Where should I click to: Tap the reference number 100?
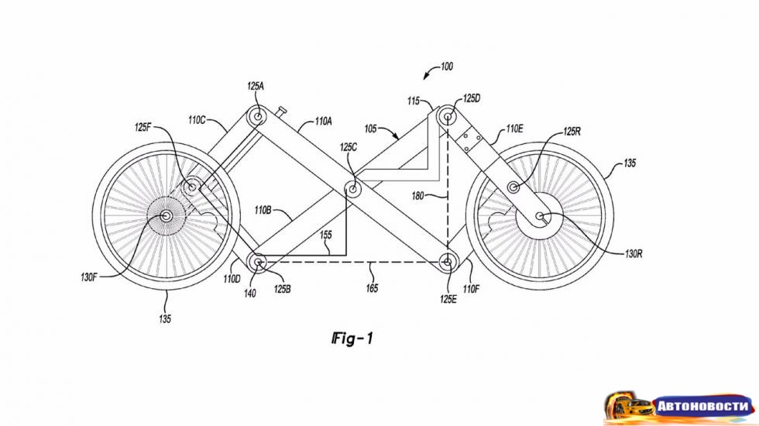(x=447, y=67)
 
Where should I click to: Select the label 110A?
(x=323, y=122)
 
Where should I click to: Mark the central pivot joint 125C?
(x=353, y=188)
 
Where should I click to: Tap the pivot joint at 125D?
(x=448, y=117)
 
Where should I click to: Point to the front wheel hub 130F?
(x=165, y=215)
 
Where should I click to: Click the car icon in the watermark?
(x=627, y=404)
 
